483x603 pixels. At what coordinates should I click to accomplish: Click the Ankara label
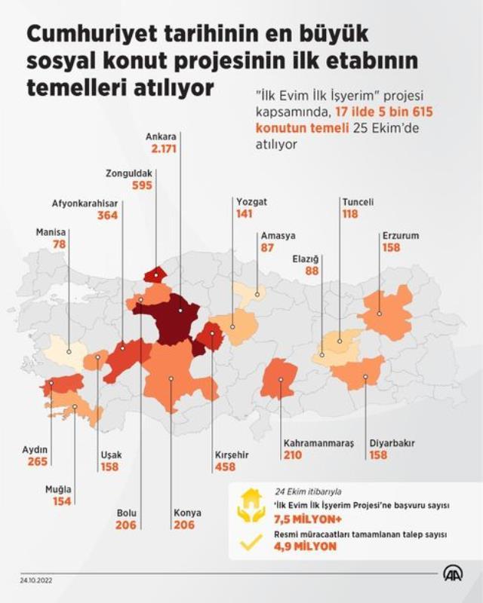coord(163,137)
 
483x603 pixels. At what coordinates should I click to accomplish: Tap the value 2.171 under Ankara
coord(164,149)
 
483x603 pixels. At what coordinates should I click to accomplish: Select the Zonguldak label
coord(130,173)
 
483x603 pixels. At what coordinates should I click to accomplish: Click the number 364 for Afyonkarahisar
coord(108,216)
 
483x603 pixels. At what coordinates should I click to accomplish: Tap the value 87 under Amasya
coord(267,247)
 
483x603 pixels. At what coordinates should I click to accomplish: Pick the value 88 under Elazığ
coord(312,271)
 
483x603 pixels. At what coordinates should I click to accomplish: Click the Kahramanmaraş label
coord(318,443)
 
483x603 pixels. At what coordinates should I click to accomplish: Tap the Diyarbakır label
coord(392,443)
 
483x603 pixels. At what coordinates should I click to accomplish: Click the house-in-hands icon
coord(251,509)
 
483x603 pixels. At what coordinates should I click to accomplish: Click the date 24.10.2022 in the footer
coord(38,580)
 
